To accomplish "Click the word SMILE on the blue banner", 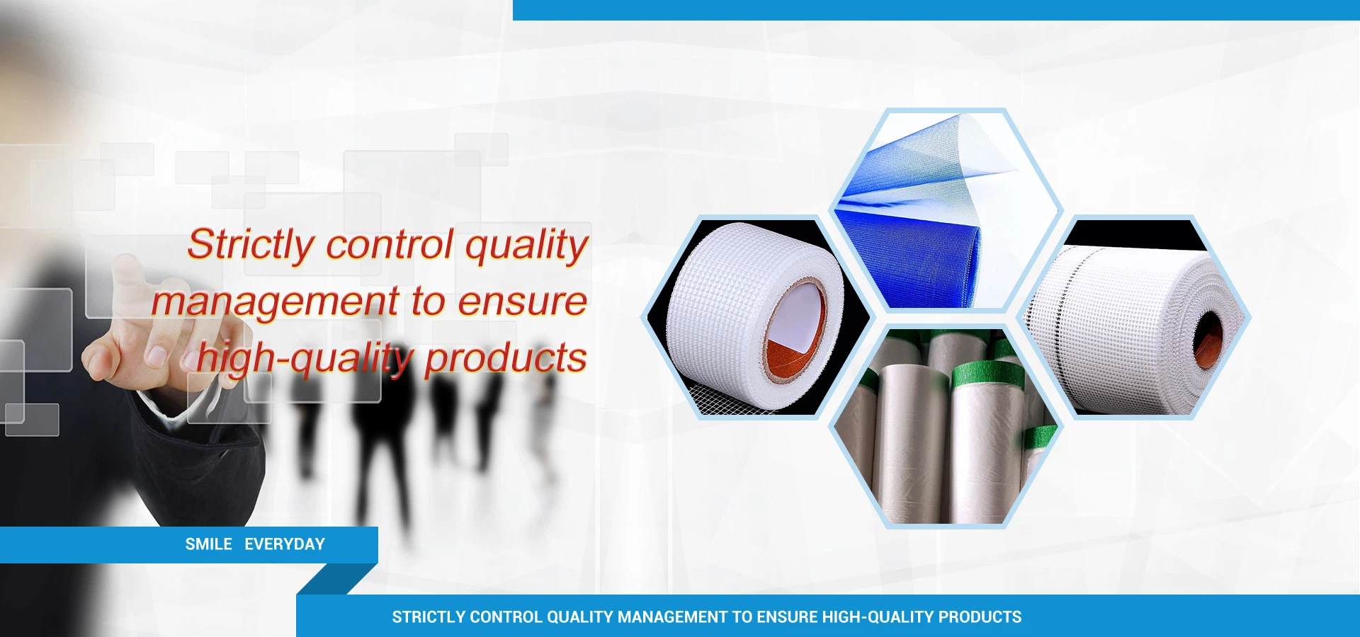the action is pos(208,544).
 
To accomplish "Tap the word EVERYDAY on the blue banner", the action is pos(285,544).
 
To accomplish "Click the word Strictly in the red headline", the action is pos(251,246).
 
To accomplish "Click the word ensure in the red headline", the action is pos(523,302).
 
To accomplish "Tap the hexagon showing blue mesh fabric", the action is pos(946,210).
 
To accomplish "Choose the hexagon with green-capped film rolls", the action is pos(946,427).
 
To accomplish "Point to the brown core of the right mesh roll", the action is pos(1208,339).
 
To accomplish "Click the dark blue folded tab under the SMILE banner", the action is pos(337,579).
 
